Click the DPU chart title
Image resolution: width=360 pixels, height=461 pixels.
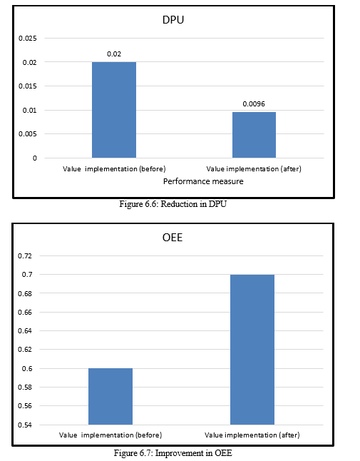click(x=173, y=20)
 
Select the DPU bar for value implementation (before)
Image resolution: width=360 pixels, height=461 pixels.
click(x=114, y=110)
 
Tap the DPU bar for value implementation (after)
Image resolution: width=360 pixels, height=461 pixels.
click(x=254, y=135)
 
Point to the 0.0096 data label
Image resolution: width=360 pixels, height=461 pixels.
click(x=254, y=103)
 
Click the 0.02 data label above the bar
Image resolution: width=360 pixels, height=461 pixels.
click(x=114, y=54)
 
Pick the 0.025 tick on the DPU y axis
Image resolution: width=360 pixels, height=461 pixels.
click(x=28, y=39)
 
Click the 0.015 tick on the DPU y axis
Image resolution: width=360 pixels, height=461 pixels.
click(x=28, y=86)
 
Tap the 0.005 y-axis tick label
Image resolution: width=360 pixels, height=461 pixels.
click(x=28, y=134)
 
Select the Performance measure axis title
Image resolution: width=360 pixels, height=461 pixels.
click(x=203, y=181)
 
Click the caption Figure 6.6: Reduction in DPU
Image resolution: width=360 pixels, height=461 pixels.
click(x=173, y=204)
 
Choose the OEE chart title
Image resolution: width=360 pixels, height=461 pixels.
click(x=173, y=237)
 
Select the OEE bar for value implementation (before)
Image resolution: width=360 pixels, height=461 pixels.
click(x=110, y=396)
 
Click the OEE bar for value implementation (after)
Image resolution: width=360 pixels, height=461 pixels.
click(x=252, y=350)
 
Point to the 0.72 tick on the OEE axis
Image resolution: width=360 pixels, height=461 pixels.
click(x=25, y=255)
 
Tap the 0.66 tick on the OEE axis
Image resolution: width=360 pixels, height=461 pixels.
click(x=25, y=312)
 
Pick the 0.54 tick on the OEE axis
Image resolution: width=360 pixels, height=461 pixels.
click(x=25, y=425)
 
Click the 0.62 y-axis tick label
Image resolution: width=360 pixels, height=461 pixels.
click(x=25, y=350)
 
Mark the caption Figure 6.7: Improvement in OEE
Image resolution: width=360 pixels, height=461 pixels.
click(x=173, y=452)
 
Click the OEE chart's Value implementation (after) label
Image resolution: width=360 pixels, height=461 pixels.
click(x=252, y=435)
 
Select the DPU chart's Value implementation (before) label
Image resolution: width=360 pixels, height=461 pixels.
click(x=114, y=168)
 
